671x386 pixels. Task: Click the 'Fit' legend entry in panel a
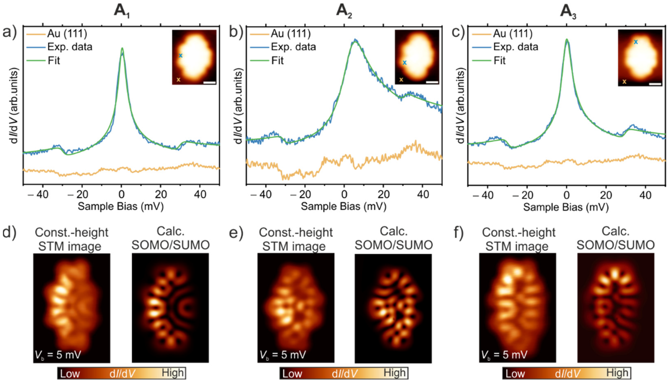(x=54, y=61)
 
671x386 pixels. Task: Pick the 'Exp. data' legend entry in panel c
(x=515, y=47)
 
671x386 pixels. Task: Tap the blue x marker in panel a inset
(x=181, y=56)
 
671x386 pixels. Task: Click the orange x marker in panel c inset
(x=624, y=82)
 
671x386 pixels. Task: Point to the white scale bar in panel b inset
(x=432, y=82)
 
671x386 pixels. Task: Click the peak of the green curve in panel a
(x=122, y=48)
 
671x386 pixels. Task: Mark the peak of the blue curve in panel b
(x=355, y=40)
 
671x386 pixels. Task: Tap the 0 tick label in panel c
(x=567, y=195)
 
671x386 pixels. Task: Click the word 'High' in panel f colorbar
(x=617, y=373)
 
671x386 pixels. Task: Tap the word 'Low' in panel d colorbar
(x=70, y=374)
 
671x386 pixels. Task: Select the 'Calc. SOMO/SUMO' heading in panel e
(x=394, y=239)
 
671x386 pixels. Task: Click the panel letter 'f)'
(x=459, y=233)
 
